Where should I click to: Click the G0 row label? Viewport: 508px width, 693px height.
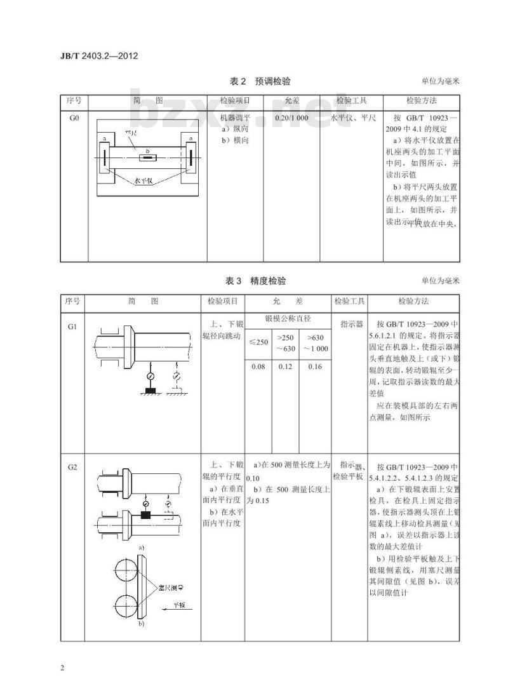click(74, 119)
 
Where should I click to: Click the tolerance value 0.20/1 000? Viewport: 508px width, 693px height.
click(291, 119)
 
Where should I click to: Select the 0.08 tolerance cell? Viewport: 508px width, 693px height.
click(258, 367)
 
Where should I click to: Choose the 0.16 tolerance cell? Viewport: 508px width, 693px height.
click(314, 367)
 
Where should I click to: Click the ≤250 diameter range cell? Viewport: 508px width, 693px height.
click(258, 342)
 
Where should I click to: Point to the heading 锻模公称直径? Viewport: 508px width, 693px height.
click(287, 318)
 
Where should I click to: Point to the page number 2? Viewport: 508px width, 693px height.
click(62, 668)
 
